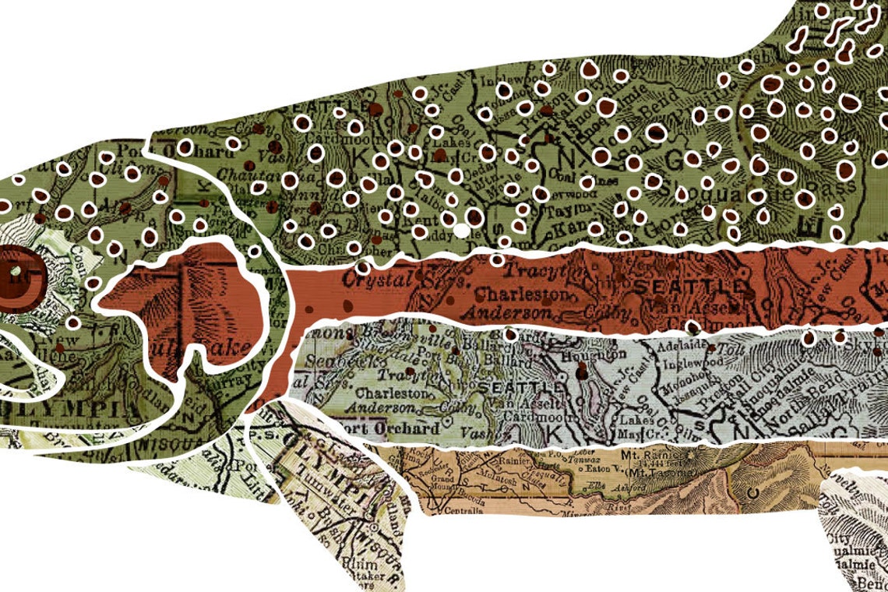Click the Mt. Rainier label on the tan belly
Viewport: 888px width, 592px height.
655,453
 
